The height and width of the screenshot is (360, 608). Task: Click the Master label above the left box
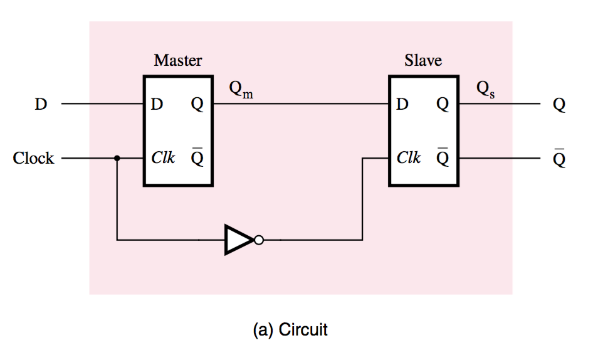point(178,61)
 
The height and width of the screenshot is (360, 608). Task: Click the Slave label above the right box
point(423,61)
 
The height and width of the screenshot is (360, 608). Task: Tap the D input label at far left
point(41,105)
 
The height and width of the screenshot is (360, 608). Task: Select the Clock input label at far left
point(33,159)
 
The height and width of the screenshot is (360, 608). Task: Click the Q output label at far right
point(559,105)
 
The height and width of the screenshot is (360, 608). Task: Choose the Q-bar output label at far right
point(559,159)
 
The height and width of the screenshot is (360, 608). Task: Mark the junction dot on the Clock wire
point(117,159)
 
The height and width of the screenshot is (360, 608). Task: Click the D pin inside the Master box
point(157,105)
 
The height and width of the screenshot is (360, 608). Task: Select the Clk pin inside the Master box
point(163,159)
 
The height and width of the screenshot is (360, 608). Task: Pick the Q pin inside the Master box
point(197,105)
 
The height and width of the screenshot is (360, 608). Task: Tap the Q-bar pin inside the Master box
point(197,157)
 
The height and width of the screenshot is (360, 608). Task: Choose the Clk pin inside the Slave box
point(409,159)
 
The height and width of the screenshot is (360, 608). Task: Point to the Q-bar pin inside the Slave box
point(443,157)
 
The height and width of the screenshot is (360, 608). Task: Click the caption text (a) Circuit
point(290,329)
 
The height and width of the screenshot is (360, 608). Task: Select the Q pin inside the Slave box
point(443,105)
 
